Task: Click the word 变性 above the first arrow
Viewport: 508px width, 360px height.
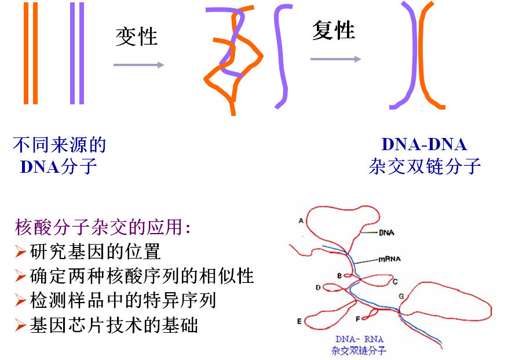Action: point(137,37)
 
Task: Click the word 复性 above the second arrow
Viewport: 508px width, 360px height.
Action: point(333,30)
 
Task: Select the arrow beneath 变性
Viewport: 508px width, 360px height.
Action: point(138,64)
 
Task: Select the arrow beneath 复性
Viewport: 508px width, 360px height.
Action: point(335,59)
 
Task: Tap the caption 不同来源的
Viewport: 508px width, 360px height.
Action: point(59,144)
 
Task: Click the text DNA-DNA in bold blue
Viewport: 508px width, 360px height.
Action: point(424,144)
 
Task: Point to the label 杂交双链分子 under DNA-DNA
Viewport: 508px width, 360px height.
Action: point(425,166)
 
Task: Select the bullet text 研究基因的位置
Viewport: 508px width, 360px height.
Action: point(94,252)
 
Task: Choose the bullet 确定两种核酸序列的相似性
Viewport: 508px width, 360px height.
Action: point(141,276)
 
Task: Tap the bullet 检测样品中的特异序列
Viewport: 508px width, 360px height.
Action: point(122,300)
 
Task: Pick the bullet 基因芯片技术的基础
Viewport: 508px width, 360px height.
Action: point(114,325)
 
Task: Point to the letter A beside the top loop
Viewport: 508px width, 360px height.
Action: point(301,221)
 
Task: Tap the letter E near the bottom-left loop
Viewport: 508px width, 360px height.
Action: point(299,321)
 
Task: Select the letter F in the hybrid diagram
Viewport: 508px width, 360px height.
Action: point(357,318)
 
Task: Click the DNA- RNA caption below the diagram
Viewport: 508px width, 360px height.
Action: point(359,339)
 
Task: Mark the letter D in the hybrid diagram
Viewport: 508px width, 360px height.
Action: point(318,287)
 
